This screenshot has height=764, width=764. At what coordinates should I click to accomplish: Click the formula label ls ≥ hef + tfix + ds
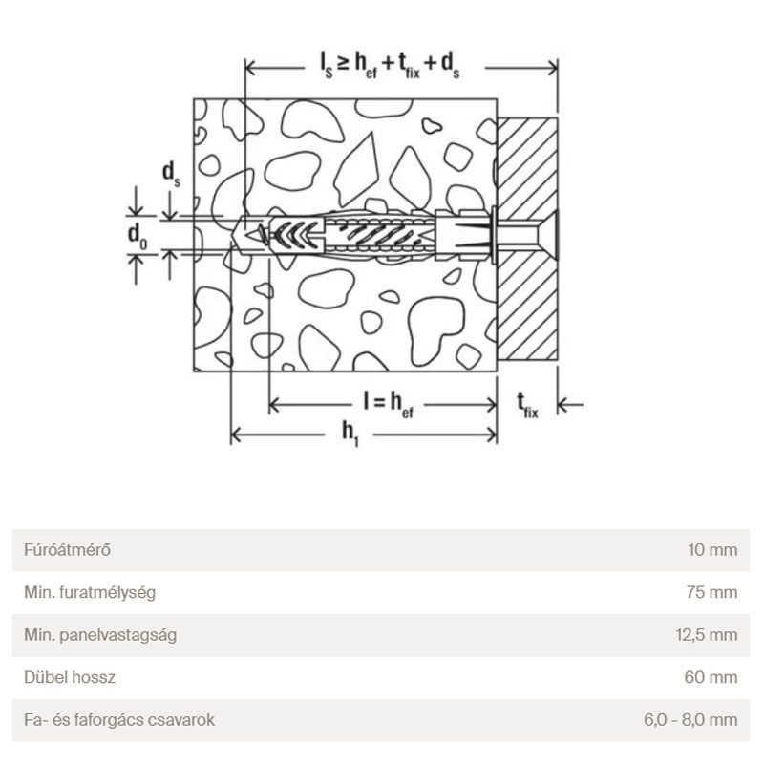[x=390, y=65]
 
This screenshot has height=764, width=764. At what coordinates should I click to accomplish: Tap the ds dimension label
[x=171, y=175]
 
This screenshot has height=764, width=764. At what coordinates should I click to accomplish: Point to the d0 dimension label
[x=137, y=236]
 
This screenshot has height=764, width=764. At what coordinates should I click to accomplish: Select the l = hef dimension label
[x=388, y=404]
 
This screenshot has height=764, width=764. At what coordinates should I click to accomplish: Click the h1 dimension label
[x=350, y=434]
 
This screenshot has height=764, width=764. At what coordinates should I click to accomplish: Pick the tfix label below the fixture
[x=527, y=405]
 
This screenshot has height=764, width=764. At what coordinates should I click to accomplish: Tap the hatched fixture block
[x=527, y=239]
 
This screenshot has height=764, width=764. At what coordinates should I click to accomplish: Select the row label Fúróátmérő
[x=67, y=550]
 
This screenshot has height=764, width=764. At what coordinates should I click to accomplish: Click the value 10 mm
[x=712, y=550]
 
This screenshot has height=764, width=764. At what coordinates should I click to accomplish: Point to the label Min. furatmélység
[x=90, y=592]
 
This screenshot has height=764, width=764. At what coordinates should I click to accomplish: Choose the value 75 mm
[x=711, y=592]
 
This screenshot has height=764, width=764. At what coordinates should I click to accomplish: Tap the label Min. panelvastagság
[x=100, y=635]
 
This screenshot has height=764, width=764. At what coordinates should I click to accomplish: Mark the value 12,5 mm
[x=707, y=635]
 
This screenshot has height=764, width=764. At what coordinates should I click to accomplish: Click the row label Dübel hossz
[x=70, y=677]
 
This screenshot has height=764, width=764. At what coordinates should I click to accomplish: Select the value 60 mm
[x=711, y=677]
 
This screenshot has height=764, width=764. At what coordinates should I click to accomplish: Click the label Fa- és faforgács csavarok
[x=119, y=720]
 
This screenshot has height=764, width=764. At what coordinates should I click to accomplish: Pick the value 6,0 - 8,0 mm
[x=690, y=720]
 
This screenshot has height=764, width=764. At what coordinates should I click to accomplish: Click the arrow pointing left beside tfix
[x=570, y=404]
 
